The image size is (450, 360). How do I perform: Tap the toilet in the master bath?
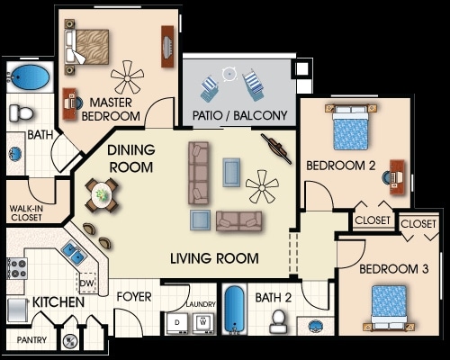pos(21,113)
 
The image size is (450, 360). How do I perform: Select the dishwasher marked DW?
pos(87,283)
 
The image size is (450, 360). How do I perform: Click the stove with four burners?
pos(17,268)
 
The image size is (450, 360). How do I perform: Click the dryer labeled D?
pos(177,323)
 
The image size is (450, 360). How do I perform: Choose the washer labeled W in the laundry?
pos(203,323)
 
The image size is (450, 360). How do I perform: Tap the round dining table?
pos(102,195)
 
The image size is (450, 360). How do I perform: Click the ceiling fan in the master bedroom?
pos(127,77)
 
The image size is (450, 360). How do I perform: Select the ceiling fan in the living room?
pos(262,186)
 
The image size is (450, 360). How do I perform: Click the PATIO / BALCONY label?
pos(239,115)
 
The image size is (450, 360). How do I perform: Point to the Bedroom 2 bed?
pos(350,128)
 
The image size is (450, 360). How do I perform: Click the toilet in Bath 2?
pos(278,321)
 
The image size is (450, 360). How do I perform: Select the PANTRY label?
pos(31,340)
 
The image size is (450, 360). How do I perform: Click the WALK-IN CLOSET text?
pos(26,213)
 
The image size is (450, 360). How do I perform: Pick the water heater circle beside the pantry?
pos(70,340)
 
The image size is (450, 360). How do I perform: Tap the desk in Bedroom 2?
pos(397,177)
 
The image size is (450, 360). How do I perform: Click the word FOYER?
pos(134,297)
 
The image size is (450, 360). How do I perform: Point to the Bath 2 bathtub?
pos(235,310)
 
